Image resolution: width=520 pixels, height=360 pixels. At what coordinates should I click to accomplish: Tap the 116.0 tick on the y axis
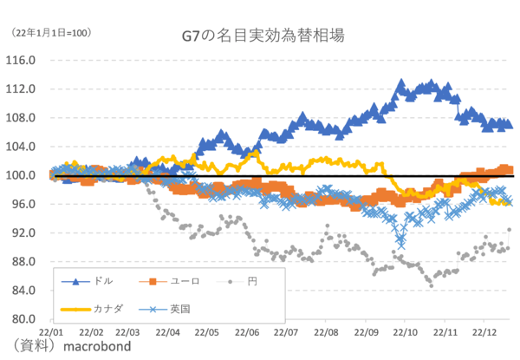20,61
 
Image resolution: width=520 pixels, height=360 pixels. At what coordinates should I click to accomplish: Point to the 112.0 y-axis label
20,89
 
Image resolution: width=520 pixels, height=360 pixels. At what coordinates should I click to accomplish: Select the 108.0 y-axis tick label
20,118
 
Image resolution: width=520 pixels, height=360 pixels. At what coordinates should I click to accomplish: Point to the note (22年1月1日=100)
51,33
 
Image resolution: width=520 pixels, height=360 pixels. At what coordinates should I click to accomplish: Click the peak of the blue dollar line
401,83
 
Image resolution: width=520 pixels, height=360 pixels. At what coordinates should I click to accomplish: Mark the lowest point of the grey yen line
430,284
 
